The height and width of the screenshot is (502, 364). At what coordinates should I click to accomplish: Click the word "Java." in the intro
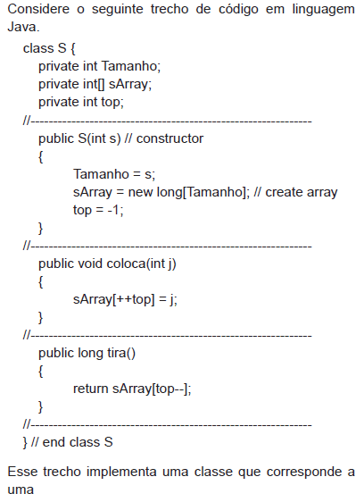pos(23,27)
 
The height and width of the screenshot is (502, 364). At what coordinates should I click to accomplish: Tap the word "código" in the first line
pos(238,9)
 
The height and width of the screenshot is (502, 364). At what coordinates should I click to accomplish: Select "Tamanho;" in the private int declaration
pos(131,66)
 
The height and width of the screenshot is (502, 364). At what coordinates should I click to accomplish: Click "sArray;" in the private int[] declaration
pos(130,85)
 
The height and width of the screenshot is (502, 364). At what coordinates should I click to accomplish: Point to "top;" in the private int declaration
pos(112,103)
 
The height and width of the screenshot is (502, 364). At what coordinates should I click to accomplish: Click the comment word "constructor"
pos(170,138)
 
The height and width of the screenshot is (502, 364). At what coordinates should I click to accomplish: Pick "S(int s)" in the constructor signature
pos(100,138)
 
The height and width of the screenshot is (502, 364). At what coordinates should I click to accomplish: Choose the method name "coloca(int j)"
pos(141,264)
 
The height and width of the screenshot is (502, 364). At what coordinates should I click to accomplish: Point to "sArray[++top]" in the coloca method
pos(114,299)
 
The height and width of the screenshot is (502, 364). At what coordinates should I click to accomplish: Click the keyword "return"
pos(91,389)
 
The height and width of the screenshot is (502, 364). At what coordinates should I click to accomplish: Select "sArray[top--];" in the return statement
pos(152,389)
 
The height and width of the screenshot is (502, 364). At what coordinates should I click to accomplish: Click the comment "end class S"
pos(78,442)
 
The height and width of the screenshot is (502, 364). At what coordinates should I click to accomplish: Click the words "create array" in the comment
pos(302,192)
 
